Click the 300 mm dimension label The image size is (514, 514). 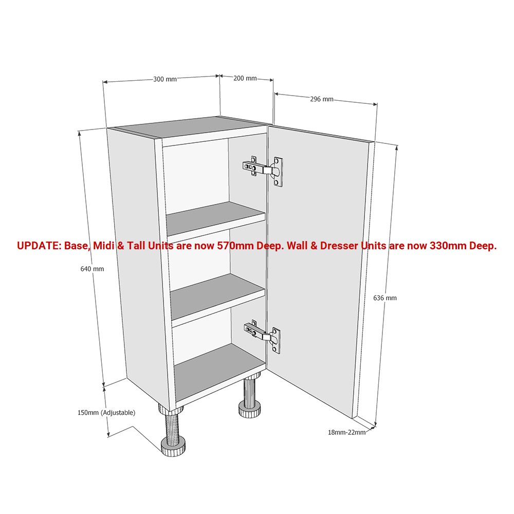coord(165,79)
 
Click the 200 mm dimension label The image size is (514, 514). coord(245,78)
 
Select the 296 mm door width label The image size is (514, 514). coord(322,99)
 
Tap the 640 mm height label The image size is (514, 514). coord(92,269)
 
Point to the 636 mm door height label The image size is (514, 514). coord(385,298)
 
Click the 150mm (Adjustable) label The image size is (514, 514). coord(106,413)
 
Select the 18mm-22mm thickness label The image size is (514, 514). coord(346,432)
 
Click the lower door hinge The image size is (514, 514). coord(263,336)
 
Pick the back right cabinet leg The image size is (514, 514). coord(251,398)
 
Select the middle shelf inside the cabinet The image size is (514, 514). coord(217,292)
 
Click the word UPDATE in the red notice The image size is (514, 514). coord(39,246)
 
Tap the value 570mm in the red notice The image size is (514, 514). coord(235,246)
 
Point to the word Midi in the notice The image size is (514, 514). coord(104,246)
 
